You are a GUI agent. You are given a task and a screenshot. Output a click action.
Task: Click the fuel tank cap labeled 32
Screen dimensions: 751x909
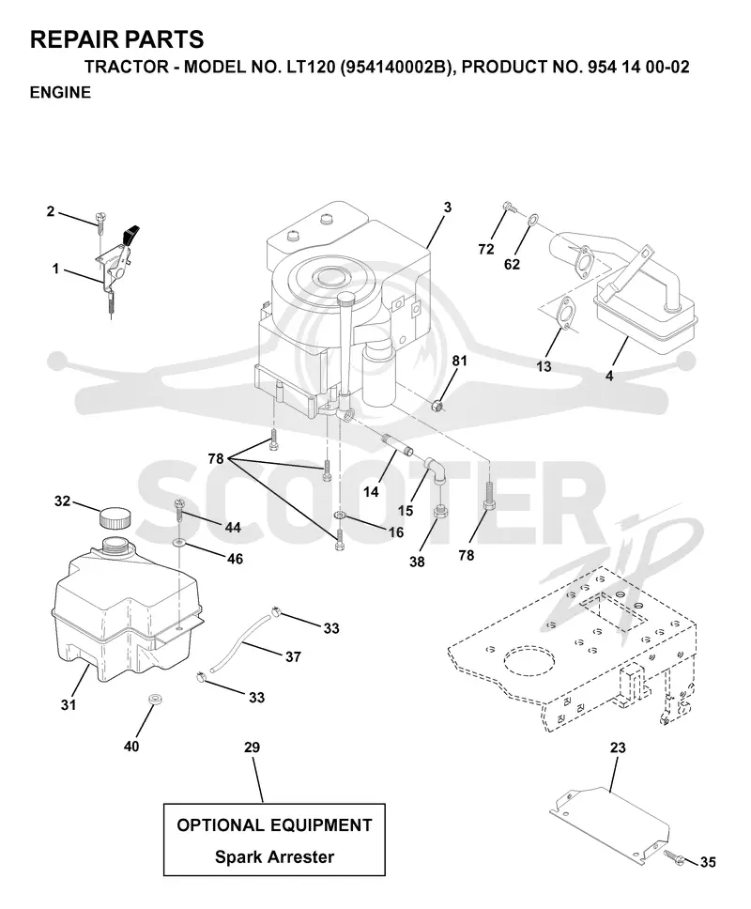point(115,517)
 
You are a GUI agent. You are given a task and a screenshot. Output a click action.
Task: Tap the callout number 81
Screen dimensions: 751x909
point(459,361)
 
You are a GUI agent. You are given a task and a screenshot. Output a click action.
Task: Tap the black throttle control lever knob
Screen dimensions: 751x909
point(131,234)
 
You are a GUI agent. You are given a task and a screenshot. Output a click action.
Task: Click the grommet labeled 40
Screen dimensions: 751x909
point(154,700)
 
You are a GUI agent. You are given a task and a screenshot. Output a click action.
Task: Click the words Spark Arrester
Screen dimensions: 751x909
point(275,856)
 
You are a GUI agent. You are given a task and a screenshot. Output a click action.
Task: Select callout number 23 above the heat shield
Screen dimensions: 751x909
point(618,747)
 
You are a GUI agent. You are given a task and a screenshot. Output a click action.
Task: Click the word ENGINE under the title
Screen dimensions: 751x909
point(60,93)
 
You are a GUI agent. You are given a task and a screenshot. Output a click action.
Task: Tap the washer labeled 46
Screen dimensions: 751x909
point(179,543)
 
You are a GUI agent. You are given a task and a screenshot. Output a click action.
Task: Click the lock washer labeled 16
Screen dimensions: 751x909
point(340,516)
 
